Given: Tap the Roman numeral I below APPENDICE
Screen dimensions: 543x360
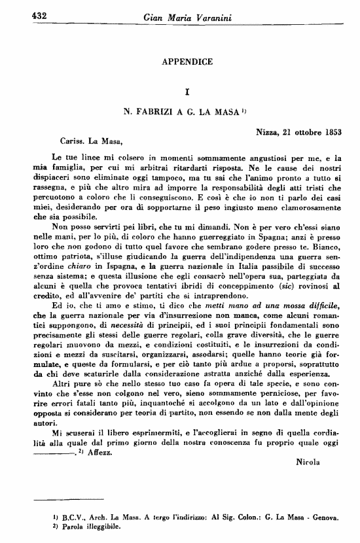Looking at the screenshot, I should click(x=187, y=92).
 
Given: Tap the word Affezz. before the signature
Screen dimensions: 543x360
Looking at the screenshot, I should click(x=100, y=452).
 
